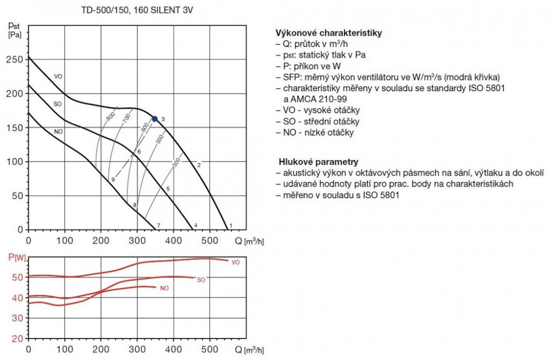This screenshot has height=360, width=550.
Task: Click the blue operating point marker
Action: point(155,118)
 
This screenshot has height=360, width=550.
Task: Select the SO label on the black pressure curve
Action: point(57,104)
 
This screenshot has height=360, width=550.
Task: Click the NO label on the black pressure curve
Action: point(58,132)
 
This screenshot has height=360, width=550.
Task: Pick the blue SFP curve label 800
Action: point(110,117)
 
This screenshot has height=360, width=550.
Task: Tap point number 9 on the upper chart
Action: point(112,180)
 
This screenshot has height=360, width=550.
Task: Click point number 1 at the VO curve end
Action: point(231,226)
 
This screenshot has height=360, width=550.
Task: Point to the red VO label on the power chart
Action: point(236,263)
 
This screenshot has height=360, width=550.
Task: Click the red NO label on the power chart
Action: point(164,288)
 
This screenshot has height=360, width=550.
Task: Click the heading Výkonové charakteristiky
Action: point(328,33)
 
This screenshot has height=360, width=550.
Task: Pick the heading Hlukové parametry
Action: point(318,162)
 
